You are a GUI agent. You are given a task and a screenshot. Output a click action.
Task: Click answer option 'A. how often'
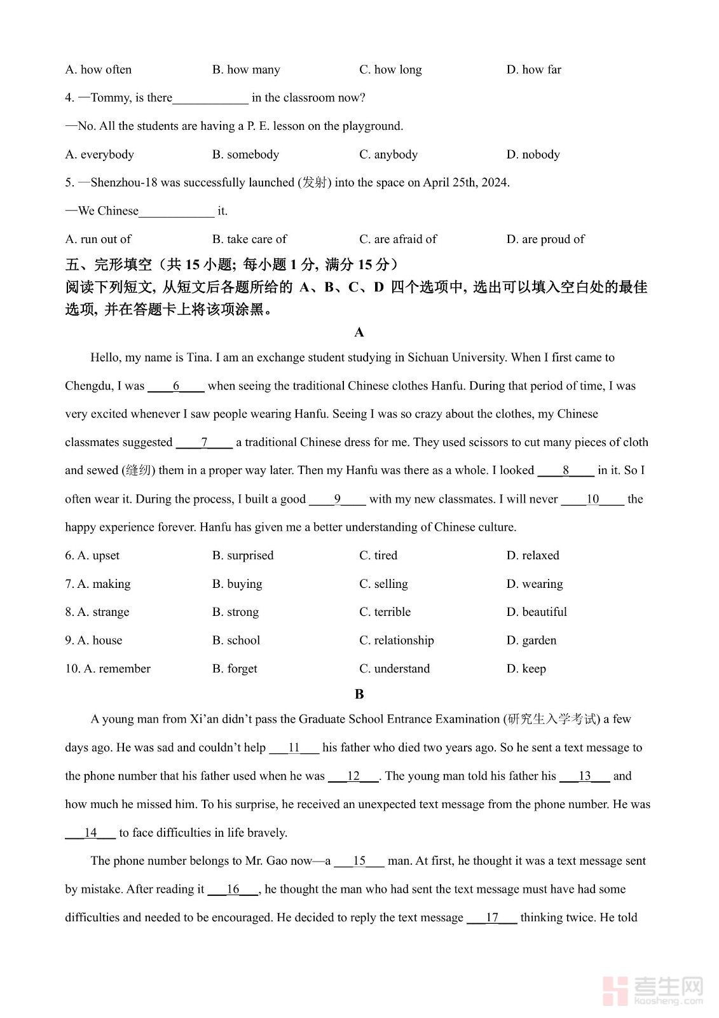(x=99, y=69)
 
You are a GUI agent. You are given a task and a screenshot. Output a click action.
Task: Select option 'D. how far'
(x=533, y=69)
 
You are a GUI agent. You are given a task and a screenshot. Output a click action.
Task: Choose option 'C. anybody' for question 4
(x=388, y=154)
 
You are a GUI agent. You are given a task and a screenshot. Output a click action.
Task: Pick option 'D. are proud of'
(x=545, y=239)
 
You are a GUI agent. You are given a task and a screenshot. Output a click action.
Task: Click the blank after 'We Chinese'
(x=177, y=211)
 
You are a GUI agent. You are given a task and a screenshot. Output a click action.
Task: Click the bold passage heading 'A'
(x=359, y=332)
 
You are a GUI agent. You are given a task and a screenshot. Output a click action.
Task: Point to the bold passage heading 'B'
(x=359, y=694)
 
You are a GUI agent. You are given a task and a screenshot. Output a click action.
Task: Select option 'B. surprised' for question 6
(x=243, y=555)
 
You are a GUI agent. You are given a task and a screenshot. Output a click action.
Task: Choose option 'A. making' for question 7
(x=98, y=584)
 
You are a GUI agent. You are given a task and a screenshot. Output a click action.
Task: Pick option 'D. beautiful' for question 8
(x=536, y=612)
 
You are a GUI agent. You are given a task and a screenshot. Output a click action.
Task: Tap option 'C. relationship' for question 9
(x=396, y=640)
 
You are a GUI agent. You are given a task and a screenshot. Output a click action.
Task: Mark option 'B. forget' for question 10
(x=235, y=669)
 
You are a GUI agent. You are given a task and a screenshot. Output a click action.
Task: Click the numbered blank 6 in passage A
(x=176, y=386)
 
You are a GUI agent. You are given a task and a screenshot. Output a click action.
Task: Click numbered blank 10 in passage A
(x=592, y=499)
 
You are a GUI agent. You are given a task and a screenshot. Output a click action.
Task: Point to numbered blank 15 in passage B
(x=359, y=861)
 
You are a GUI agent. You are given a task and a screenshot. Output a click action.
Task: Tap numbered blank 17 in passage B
(x=492, y=917)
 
